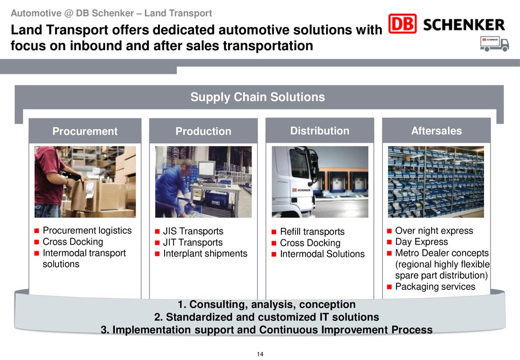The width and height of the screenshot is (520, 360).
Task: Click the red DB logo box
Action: pyautogui.click(x=402, y=23)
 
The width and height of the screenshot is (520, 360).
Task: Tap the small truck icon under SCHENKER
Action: pyautogui.click(x=494, y=44)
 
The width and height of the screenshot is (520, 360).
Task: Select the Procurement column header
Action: pyautogui.click(x=85, y=132)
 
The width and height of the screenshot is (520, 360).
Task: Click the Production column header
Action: pyautogui.click(x=203, y=132)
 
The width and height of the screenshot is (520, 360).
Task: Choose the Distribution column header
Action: pyautogui.click(x=320, y=131)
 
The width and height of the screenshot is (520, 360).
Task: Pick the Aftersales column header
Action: pyautogui.click(x=436, y=131)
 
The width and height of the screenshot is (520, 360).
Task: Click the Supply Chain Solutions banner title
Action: pyautogui.click(x=257, y=97)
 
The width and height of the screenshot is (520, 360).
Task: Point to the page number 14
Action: pyautogui.click(x=260, y=354)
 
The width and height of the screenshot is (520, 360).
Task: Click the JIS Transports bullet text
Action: pyautogui.click(x=193, y=231)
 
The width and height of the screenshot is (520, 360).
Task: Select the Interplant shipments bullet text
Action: pyautogui.click(x=205, y=253)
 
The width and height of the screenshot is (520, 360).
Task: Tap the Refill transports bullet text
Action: pyautogui.click(x=312, y=232)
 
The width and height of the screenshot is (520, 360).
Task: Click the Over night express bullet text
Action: pyautogui.click(x=434, y=231)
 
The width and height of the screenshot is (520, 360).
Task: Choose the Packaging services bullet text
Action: pyautogui.click(x=435, y=287)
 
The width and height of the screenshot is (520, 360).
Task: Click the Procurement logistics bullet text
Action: pyautogui.click(x=87, y=231)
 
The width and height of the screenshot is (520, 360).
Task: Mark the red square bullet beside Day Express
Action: pyautogui.click(x=389, y=242)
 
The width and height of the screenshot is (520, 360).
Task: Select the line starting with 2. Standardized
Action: pyautogui.click(x=266, y=317)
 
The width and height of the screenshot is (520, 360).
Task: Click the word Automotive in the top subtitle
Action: pyautogui.click(x=36, y=13)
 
